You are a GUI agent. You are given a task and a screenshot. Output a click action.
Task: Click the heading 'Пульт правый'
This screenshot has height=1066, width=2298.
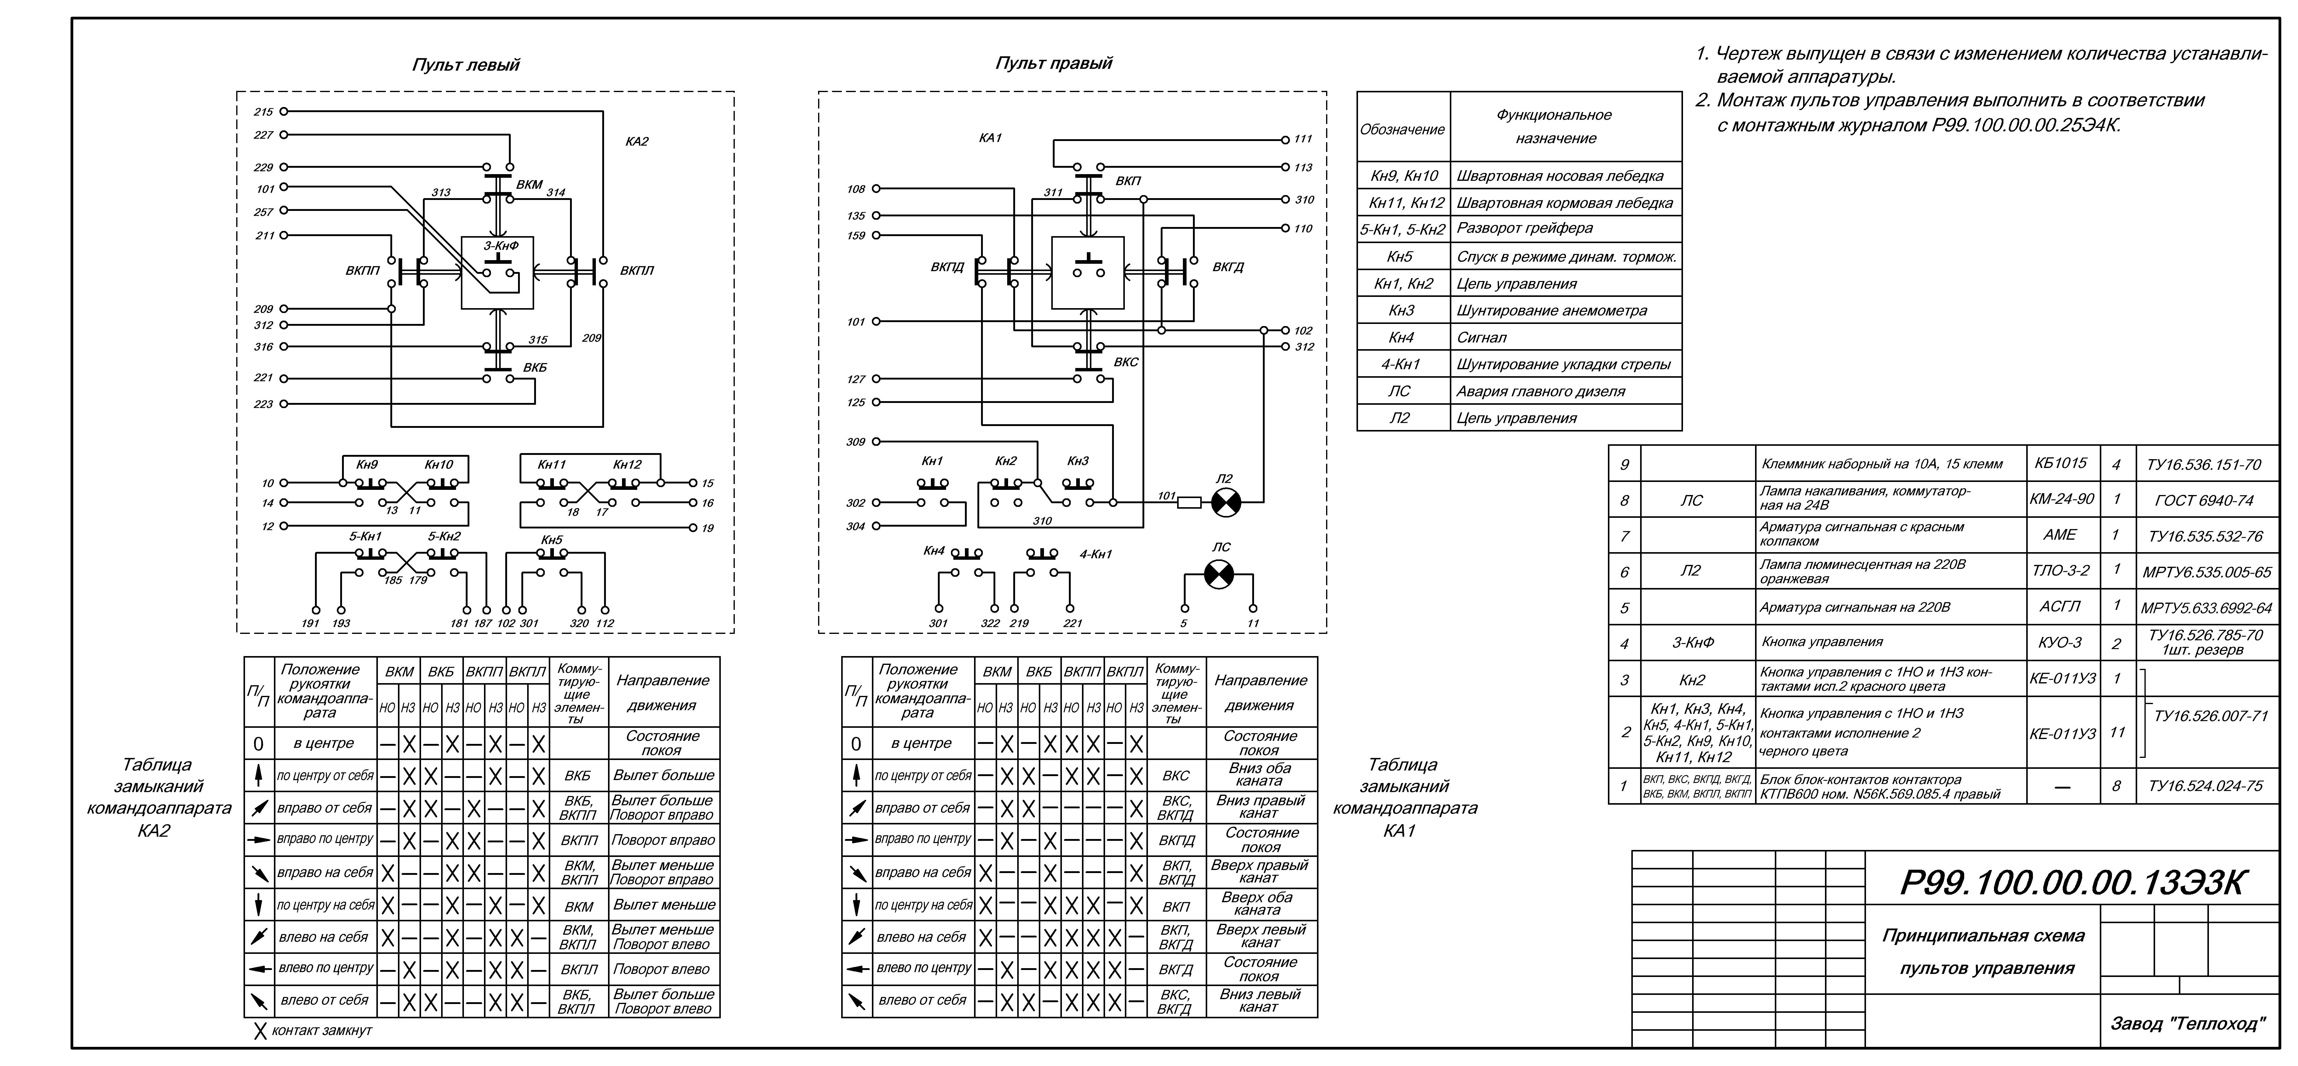click(1054, 63)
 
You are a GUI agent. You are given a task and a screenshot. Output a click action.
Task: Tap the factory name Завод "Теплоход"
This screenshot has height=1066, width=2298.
click(2187, 1023)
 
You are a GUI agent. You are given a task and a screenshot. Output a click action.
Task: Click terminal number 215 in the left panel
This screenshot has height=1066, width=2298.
click(263, 112)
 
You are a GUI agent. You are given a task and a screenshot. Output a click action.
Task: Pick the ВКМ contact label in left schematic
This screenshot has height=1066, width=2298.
click(529, 185)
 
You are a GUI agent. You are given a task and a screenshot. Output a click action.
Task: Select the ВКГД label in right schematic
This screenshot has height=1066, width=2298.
click(1228, 267)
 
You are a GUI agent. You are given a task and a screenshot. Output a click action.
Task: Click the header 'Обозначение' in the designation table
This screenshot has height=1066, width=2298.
click(1402, 129)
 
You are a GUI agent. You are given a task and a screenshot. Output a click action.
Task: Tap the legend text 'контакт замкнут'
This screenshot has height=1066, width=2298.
click(321, 1030)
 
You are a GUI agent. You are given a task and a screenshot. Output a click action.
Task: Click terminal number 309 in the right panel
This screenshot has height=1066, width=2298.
click(855, 442)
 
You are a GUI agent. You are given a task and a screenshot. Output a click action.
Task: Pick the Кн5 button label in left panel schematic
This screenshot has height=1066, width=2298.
click(551, 540)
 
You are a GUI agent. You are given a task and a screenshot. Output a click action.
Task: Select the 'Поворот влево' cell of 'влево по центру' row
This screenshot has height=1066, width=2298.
click(661, 969)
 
